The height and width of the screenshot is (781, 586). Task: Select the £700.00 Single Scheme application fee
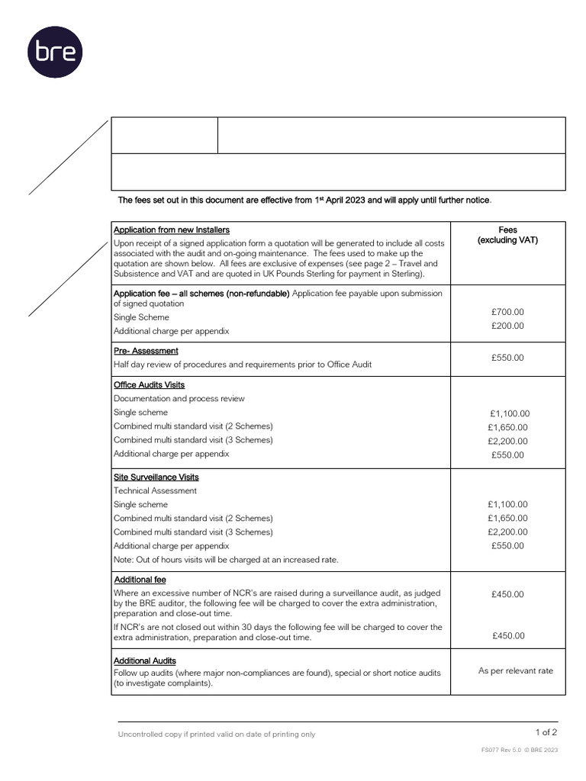507,312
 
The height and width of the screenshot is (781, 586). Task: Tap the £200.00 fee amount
507,326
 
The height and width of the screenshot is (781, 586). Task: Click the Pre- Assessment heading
146,351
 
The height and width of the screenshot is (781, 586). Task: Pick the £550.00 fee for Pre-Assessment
507,358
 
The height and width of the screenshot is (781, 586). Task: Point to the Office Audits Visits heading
149,385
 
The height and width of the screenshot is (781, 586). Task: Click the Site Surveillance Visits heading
156,477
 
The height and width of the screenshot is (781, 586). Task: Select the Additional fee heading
140,580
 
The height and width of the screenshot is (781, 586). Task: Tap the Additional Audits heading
145,660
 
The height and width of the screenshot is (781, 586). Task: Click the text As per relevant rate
515,670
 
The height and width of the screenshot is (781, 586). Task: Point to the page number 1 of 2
546,731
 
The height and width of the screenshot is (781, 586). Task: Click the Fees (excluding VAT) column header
507,235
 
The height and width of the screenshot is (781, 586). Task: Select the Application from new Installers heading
171,230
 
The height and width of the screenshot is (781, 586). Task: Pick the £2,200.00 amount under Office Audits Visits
507,441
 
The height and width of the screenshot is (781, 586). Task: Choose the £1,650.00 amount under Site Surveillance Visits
507,519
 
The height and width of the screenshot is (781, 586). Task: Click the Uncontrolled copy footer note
216,734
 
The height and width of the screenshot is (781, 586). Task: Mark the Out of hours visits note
226,560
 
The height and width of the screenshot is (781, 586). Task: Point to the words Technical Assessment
155,491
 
